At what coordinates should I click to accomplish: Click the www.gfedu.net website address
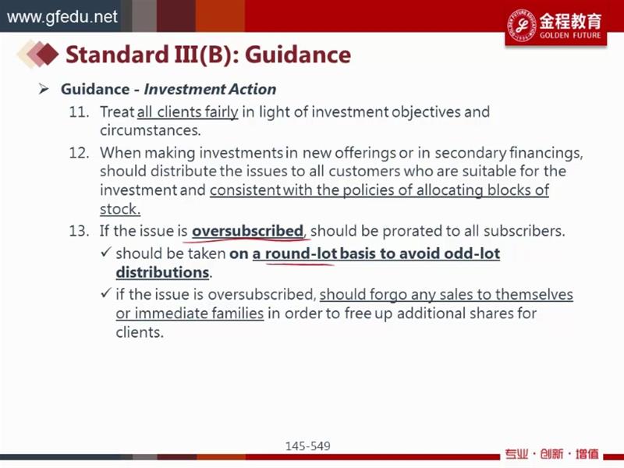click(x=62, y=17)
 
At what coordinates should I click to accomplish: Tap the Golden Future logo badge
click(x=556, y=26)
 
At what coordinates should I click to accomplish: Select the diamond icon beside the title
click(x=37, y=53)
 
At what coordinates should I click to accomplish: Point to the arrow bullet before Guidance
click(x=44, y=89)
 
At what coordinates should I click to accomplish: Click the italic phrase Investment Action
click(x=210, y=89)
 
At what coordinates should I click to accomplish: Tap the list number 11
click(x=79, y=112)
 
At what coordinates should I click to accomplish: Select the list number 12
click(x=79, y=153)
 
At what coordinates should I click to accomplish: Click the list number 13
click(x=79, y=231)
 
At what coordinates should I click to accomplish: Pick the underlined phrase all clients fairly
click(x=187, y=112)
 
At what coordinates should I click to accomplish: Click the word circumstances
click(x=151, y=130)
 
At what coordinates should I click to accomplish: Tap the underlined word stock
click(x=120, y=209)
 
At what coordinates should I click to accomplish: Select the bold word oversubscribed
click(x=247, y=231)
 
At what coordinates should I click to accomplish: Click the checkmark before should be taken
click(x=105, y=252)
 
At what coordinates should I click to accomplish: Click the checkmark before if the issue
click(x=105, y=293)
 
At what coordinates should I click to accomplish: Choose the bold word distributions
click(x=163, y=272)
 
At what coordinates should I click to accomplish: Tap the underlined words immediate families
click(x=199, y=314)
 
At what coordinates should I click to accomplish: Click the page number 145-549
click(x=307, y=446)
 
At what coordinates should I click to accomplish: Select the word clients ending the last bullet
click(x=140, y=332)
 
